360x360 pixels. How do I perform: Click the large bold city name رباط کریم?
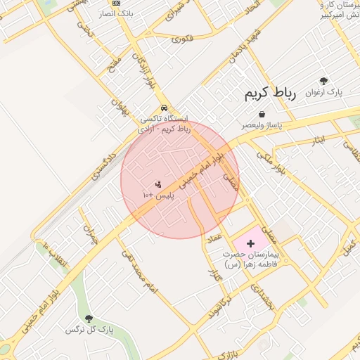pyautogui.click(x=271, y=93)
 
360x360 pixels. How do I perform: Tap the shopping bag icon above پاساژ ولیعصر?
pyautogui.click(x=262, y=113)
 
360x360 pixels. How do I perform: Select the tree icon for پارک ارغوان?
pyautogui.click(x=323, y=82)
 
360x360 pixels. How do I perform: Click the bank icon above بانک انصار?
pyautogui.click(x=117, y=4)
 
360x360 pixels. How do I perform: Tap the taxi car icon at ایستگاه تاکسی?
pyautogui.click(x=164, y=108)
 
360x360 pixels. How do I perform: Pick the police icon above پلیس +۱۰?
pyautogui.click(x=157, y=184)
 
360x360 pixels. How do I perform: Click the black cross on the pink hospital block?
pyautogui.click(x=251, y=243)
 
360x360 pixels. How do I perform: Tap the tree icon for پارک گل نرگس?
pyautogui.click(x=89, y=319)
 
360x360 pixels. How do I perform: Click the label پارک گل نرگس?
pyautogui.click(x=89, y=329)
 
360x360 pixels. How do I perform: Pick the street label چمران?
pyautogui.click(x=89, y=235)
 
